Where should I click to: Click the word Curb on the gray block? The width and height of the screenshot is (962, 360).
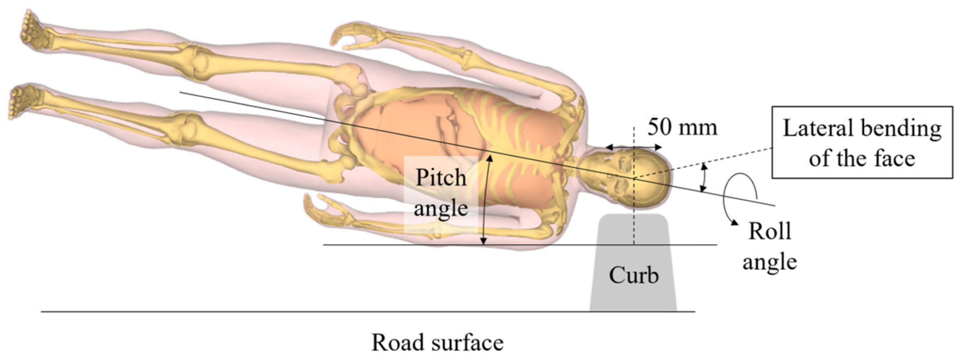(634, 275)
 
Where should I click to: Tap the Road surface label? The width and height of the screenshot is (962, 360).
(437, 343)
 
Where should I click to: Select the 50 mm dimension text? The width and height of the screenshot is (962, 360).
(682, 127)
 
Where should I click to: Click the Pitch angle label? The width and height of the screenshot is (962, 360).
(441, 193)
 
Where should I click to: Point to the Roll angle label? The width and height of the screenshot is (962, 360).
(769, 247)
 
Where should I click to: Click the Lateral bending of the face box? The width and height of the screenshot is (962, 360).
(862, 142)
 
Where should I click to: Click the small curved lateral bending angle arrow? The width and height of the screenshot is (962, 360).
(704, 177)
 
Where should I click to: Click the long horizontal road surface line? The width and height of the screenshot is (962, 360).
(357, 312)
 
